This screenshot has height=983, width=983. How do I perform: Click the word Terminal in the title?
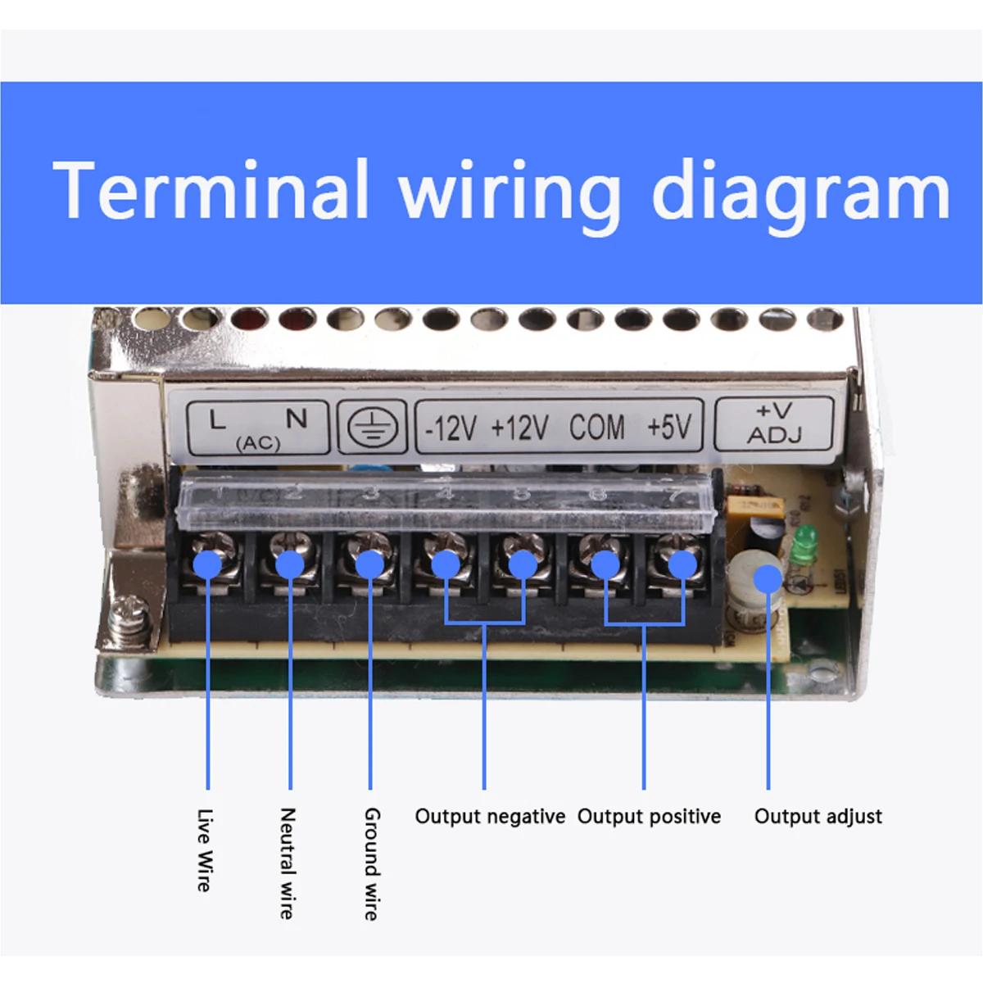(x=211, y=190)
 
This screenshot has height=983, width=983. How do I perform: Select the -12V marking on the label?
(x=451, y=428)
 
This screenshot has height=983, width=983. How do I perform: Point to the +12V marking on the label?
(x=519, y=428)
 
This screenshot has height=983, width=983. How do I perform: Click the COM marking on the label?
(x=596, y=427)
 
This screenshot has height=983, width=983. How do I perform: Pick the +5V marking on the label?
(x=669, y=427)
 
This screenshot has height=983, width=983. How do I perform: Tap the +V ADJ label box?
(x=774, y=423)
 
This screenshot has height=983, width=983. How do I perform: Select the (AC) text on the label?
(x=258, y=443)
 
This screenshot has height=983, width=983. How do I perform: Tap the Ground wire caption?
(x=372, y=863)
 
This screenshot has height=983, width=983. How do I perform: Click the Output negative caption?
(x=490, y=817)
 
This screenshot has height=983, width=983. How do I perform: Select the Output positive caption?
(x=649, y=817)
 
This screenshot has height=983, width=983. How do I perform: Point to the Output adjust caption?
(x=818, y=817)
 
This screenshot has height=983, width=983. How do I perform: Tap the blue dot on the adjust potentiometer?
(x=768, y=578)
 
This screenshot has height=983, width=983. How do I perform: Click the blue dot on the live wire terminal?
(x=208, y=564)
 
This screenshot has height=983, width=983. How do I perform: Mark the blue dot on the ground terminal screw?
(x=370, y=564)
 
